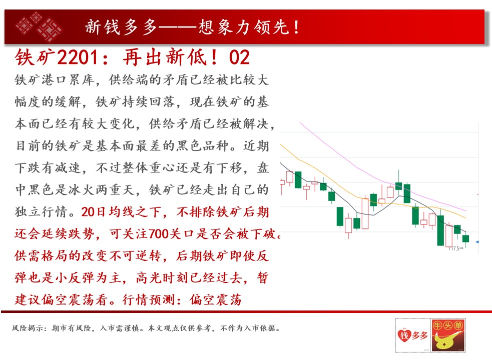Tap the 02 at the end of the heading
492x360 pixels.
tap(239, 57)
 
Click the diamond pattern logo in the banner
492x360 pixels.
tap(39, 26)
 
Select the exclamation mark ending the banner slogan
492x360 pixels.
tap(296, 27)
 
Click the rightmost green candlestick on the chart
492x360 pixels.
tap(465, 238)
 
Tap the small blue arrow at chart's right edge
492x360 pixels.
tap(477, 242)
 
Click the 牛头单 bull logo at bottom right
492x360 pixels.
tap(448, 335)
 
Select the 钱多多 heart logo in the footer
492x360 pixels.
tap(413, 335)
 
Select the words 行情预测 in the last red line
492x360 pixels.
tap(148, 300)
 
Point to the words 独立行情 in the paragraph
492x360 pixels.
tap(41, 212)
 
